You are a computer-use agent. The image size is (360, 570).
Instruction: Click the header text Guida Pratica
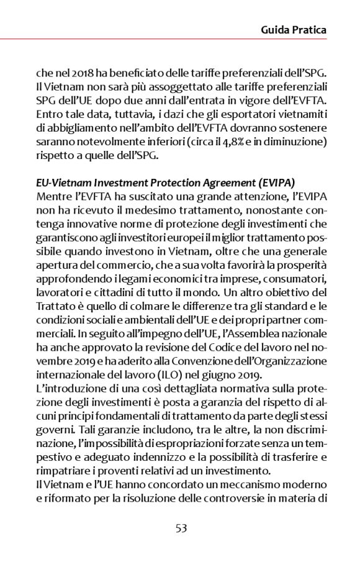pyautogui.click(x=294, y=29)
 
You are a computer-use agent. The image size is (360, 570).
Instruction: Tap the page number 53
pyautogui.click(x=181, y=528)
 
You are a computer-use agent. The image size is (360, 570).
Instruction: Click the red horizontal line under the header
pyautogui.click(x=180, y=40)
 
